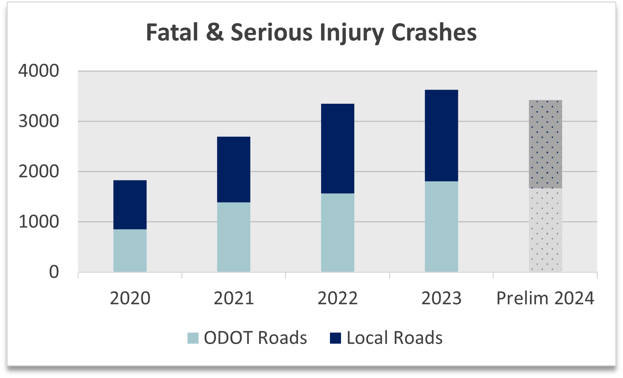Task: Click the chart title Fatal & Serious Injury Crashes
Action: (x=311, y=32)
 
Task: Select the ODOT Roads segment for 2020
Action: (x=130, y=251)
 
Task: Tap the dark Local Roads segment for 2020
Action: (x=130, y=205)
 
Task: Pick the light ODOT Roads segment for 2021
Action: (x=234, y=237)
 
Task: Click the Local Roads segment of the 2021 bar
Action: (x=234, y=169)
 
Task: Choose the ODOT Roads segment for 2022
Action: (x=337, y=233)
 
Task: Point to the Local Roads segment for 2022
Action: (x=337, y=148)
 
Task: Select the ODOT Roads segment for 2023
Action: (x=441, y=226)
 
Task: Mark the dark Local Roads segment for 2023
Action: (x=441, y=135)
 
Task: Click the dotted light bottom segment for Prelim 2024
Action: (x=545, y=230)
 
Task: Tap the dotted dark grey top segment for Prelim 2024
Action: (x=545, y=144)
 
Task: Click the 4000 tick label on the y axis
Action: (x=39, y=71)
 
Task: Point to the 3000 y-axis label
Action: (x=39, y=121)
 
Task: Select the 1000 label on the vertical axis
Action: (x=39, y=222)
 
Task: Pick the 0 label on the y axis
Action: (x=54, y=272)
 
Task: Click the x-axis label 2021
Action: (x=234, y=298)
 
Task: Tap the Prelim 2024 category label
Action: (x=545, y=298)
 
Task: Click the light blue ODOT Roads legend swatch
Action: (x=193, y=338)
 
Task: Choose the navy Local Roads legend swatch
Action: (x=335, y=338)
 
